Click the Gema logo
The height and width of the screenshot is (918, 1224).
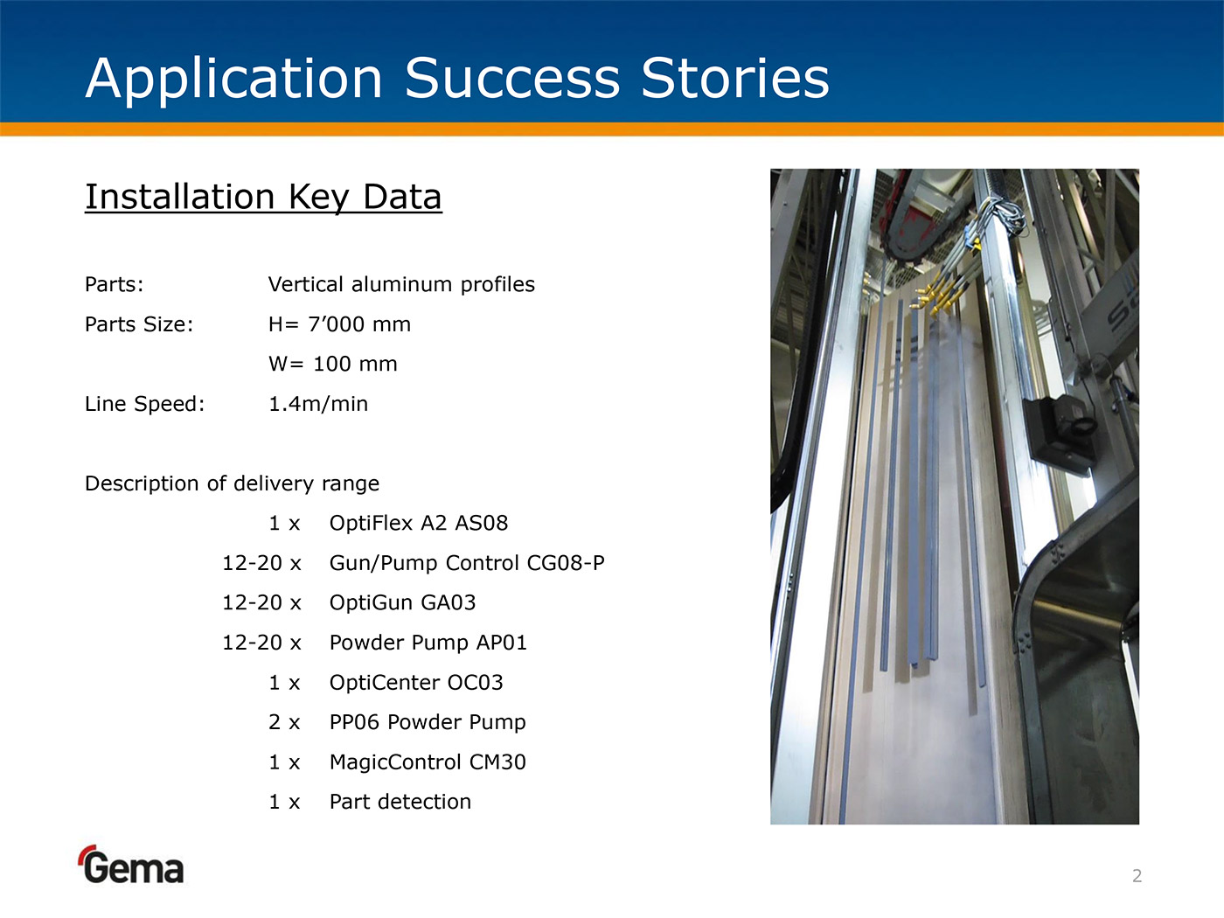(131, 865)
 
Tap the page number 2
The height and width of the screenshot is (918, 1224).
(1137, 876)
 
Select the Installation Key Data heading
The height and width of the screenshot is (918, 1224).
(263, 198)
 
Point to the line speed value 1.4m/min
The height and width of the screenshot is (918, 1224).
(318, 404)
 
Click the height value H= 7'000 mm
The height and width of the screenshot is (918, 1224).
(339, 323)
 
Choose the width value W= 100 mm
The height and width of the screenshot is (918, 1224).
(333, 364)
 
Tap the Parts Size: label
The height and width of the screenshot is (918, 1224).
(139, 324)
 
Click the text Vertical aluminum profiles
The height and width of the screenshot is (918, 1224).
(401, 284)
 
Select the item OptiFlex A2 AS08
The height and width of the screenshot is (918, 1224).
(419, 523)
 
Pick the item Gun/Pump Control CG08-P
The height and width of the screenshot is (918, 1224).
(467, 563)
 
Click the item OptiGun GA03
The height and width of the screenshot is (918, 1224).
(403, 602)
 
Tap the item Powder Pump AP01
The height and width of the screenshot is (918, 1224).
(428, 643)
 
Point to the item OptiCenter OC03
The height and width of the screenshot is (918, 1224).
(416, 682)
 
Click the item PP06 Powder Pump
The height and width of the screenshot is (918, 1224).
(428, 722)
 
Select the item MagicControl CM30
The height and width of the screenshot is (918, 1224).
(428, 762)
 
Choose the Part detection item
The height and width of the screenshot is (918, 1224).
(400, 802)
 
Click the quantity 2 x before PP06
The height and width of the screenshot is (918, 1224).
(284, 722)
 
